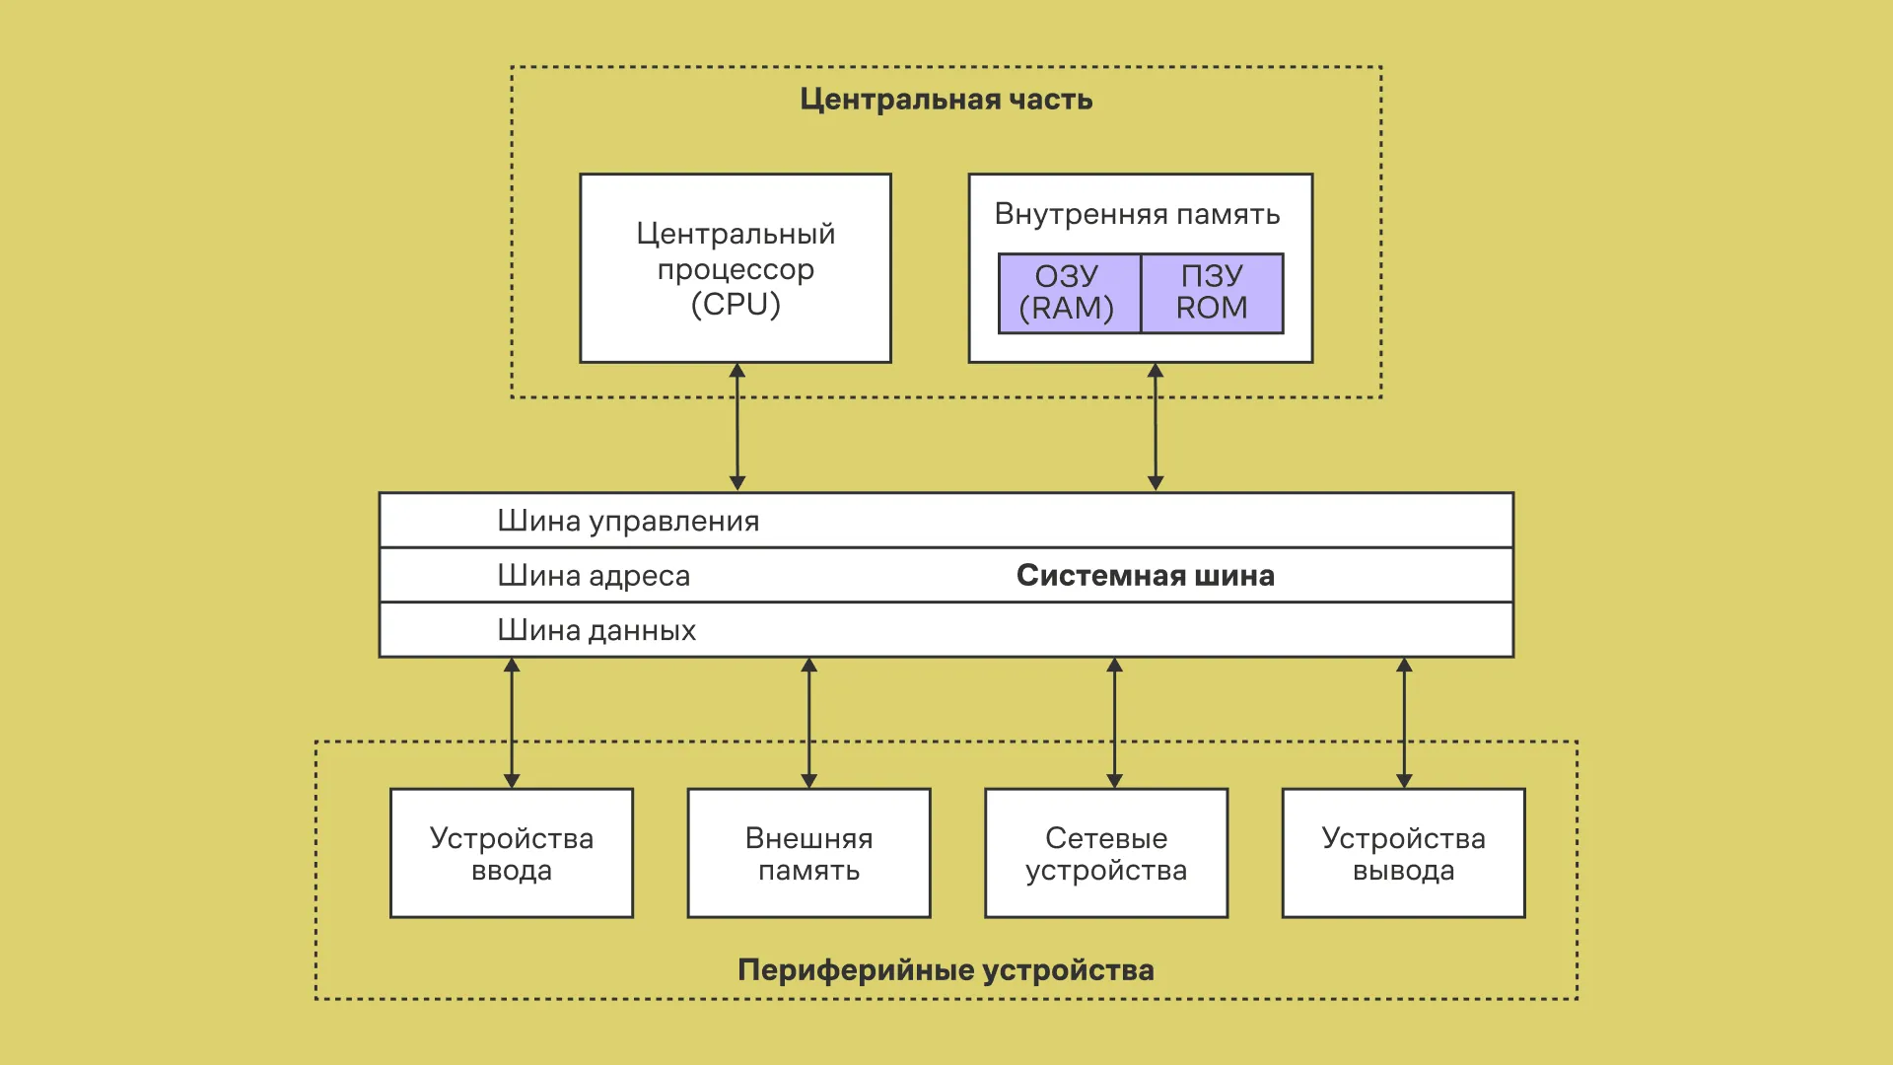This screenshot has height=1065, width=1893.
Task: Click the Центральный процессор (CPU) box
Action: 736,268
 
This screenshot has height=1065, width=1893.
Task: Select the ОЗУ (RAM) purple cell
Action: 1069,293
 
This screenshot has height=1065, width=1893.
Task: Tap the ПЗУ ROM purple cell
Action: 1212,293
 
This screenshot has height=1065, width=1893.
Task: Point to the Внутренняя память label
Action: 1137,214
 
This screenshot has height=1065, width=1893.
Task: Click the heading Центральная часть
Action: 946,100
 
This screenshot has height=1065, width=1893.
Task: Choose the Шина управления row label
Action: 628,521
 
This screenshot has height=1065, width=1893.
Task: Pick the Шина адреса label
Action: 594,575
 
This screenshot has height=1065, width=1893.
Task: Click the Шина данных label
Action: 596,630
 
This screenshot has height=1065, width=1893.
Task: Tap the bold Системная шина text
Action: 1145,575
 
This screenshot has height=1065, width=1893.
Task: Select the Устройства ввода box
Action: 512,853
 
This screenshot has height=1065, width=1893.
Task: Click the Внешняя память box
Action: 808,853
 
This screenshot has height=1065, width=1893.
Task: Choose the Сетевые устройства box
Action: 1106,853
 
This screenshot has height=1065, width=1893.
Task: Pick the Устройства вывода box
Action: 1403,853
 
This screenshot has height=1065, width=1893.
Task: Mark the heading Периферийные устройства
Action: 946,970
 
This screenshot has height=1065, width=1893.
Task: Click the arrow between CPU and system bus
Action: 737,427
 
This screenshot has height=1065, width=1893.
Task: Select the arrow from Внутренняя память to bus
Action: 1156,427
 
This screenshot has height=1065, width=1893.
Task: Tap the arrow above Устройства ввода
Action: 512,723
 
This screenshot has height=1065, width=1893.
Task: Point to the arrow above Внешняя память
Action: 809,723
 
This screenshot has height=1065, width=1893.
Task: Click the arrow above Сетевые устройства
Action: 1115,723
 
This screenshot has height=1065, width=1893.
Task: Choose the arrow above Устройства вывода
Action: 1404,723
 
